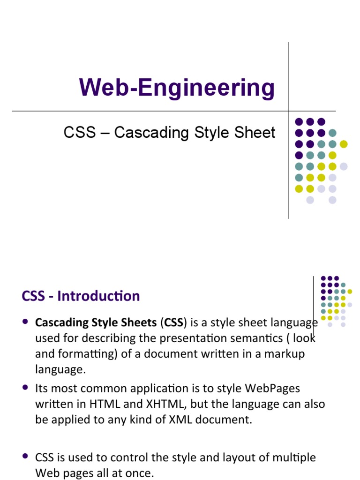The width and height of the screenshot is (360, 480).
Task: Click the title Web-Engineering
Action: tap(177, 88)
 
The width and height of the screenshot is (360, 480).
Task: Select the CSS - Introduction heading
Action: tap(81, 296)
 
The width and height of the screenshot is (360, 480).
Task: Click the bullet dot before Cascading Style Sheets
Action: tap(25, 322)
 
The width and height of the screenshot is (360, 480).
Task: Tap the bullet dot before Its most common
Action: tap(25, 388)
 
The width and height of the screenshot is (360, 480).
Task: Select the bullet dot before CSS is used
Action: tap(25, 457)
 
